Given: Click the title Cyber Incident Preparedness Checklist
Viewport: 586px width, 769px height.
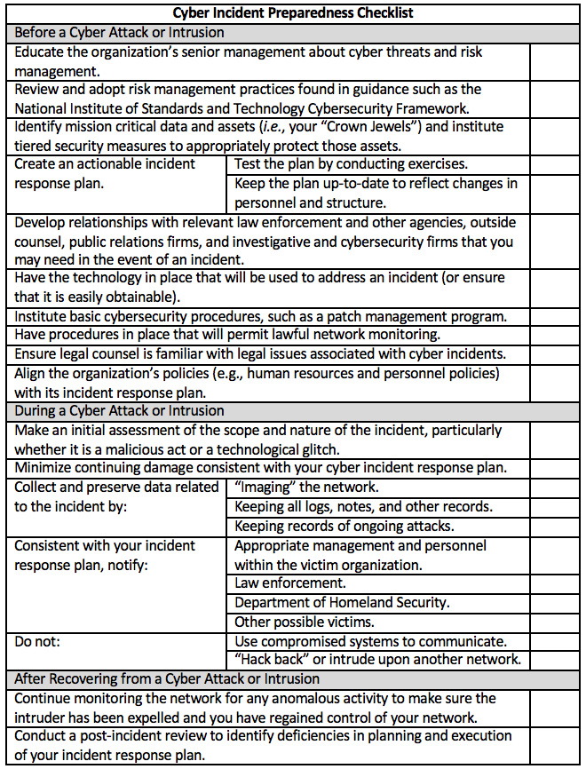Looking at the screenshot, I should pyautogui.click(x=292, y=12).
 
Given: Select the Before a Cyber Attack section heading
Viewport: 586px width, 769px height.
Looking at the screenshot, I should pyautogui.click(x=120, y=32).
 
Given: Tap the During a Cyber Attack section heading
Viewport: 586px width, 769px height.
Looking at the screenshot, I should pyautogui.click(x=120, y=411).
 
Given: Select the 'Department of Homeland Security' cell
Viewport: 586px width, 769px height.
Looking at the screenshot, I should pyautogui.click(x=342, y=603).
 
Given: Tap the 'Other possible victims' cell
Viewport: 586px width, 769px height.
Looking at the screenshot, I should pyautogui.click(x=305, y=622).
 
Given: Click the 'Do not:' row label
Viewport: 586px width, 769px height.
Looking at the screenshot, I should pyautogui.click(x=39, y=641).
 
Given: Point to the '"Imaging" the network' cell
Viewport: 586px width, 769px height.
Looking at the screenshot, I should pyautogui.click(x=306, y=487).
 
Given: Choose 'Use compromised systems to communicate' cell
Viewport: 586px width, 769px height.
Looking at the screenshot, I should pyautogui.click(x=370, y=641).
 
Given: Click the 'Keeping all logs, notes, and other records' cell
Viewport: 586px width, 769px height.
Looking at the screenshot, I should pyautogui.click(x=363, y=506).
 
